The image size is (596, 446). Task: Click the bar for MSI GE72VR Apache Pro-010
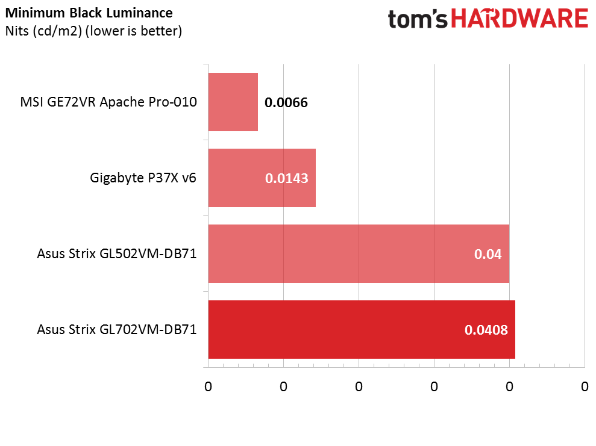pyautogui.click(x=233, y=102)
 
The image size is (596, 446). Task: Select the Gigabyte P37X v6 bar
pyautogui.click(x=262, y=178)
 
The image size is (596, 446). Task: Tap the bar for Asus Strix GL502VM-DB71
pyautogui.click(x=359, y=253)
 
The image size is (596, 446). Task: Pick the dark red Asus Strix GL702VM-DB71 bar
pyautogui.click(x=362, y=329)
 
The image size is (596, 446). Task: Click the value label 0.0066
pyautogui.click(x=286, y=102)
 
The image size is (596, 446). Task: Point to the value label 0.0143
pyautogui.click(x=287, y=178)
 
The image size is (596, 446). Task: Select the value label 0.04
pyautogui.click(x=488, y=254)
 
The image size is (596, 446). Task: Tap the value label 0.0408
pyautogui.click(x=486, y=330)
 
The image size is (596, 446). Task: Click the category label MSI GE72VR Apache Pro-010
pyautogui.click(x=108, y=102)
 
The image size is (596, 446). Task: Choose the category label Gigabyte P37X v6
pyautogui.click(x=143, y=178)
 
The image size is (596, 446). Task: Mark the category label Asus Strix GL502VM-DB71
pyautogui.click(x=117, y=253)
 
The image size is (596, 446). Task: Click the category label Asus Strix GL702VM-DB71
pyautogui.click(x=117, y=329)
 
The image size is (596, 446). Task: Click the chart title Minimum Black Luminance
pyautogui.click(x=89, y=13)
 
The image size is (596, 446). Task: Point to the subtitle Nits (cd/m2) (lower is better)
pyautogui.click(x=93, y=31)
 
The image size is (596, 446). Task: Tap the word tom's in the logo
pyautogui.click(x=418, y=19)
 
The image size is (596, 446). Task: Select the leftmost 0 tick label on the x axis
pyautogui.click(x=208, y=387)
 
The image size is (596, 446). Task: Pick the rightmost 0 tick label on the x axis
pyautogui.click(x=585, y=387)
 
